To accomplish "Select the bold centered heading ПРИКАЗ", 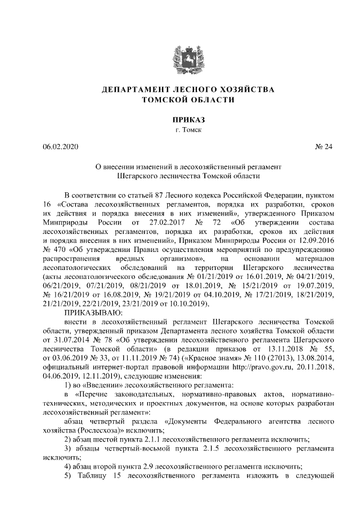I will click(x=179, y=120).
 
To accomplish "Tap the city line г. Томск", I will click(x=179, y=130).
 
